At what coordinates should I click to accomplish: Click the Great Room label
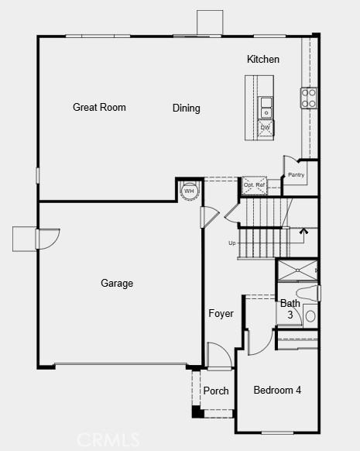click(99, 108)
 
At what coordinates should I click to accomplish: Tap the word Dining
click(187, 108)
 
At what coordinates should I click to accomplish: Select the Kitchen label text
click(263, 60)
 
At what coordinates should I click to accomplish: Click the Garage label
click(117, 284)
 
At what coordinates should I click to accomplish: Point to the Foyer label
click(221, 314)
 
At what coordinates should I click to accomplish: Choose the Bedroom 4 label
click(277, 390)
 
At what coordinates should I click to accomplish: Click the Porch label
click(216, 391)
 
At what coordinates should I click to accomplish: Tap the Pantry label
click(297, 175)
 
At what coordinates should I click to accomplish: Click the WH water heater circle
click(189, 191)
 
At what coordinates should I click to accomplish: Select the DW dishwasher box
click(266, 128)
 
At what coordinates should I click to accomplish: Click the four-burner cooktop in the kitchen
click(308, 97)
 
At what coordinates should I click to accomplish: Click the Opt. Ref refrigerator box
click(254, 185)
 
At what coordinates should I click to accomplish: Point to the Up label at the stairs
click(231, 243)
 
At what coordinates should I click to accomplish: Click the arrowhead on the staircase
click(303, 229)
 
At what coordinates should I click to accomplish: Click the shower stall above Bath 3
click(296, 270)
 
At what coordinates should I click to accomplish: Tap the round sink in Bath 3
click(310, 315)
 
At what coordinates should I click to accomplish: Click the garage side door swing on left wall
click(47, 239)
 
